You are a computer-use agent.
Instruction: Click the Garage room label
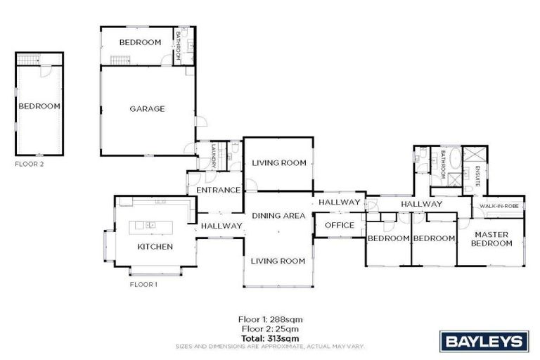(x=147, y=109)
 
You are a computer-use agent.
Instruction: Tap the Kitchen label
(x=155, y=247)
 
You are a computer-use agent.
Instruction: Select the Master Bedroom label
(x=491, y=239)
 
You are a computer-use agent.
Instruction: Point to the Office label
(x=339, y=226)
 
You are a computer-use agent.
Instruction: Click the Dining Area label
(x=278, y=216)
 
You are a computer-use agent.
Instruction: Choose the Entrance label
(x=219, y=191)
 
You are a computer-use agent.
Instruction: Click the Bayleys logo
(x=484, y=342)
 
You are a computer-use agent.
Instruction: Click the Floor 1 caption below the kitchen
(x=143, y=285)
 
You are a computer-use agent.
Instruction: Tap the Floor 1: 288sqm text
(x=271, y=319)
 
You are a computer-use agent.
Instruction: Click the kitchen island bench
(x=150, y=226)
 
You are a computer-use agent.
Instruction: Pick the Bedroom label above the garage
(x=140, y=43)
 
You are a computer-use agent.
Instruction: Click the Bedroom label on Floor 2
(x=39, y=106)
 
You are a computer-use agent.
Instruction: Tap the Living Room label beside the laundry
(x=279, y=163)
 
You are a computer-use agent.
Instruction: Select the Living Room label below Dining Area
(x=278, y=262)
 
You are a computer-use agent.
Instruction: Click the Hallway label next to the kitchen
(x=221, y=226)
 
